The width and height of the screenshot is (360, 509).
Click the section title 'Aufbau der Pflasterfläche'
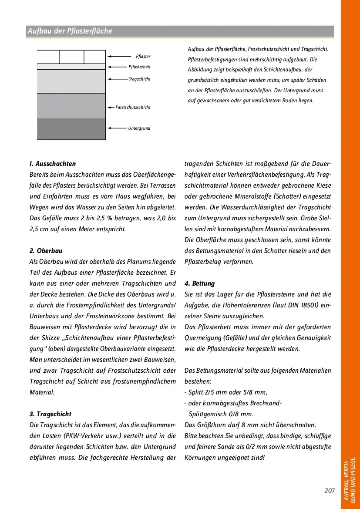point(70,31)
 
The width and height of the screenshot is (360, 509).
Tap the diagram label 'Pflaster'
point(143,57)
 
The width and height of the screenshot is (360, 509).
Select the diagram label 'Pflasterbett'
point(140,67)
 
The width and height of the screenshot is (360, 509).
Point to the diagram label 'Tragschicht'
point(140,79)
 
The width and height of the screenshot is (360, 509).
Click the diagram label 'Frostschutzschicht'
point(133,107)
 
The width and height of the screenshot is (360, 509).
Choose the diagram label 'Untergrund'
point(139,128)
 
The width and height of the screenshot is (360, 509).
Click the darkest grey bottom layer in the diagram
point(71,129)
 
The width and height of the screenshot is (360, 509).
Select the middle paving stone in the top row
point(72,57)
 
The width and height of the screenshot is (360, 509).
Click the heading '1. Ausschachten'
point(53,164)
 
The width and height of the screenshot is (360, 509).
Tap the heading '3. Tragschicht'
point(50,414)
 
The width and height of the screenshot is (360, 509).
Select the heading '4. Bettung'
point(200,283)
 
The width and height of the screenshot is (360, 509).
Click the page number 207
point(330,491)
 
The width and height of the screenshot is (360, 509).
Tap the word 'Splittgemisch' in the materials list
point(206,414)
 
